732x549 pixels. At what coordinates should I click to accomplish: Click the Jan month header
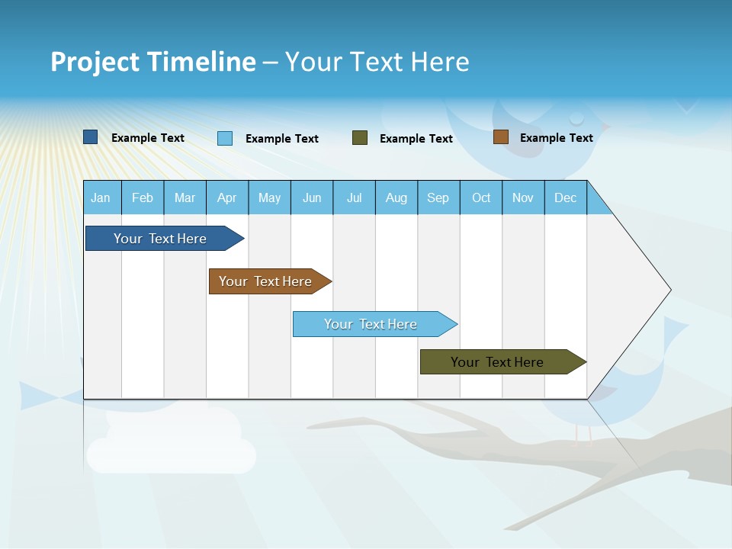coord(101,197)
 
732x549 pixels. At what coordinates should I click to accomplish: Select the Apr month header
coord(226,197)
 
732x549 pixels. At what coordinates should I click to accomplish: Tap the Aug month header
coord(396,197)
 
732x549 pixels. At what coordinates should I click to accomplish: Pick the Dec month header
coord(565,197)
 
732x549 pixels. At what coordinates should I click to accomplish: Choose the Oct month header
coord(480,197)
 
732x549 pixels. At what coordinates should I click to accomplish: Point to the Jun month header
coord(311,197)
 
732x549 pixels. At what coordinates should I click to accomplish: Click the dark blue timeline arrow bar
coord(161,239)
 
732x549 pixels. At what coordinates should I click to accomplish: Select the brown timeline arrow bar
coord(266,281)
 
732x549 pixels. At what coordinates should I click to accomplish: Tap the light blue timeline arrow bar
coord(371,324)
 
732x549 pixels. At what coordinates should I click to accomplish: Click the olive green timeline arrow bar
coord(498,362)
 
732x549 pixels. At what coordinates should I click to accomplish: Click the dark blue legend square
coord(91,137)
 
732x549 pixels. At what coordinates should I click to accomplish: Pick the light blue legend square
coord(225,138)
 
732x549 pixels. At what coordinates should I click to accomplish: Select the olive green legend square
coord(360,138)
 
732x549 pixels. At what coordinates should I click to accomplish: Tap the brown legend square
coord(500,137)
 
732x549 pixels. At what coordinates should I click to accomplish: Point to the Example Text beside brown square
coord(556,138)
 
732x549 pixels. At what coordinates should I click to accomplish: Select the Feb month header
coord(142,197)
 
